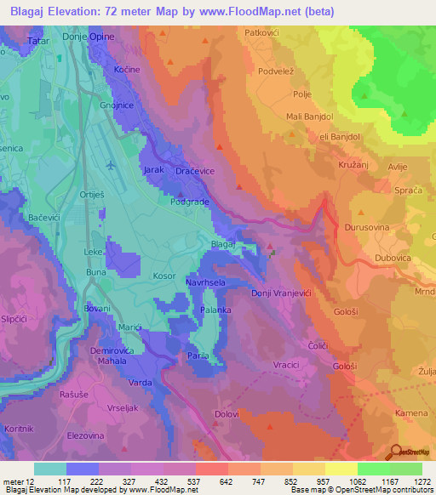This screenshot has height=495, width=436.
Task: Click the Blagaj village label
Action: [x=223, y=244]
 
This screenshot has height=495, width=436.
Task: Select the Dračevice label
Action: [x=193, y=171]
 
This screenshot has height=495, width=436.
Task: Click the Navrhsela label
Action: [x=205, y=281]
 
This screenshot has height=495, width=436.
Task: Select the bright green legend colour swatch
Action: [x=373, y=469]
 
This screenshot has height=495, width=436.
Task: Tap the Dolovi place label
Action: [x=227, y=414]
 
